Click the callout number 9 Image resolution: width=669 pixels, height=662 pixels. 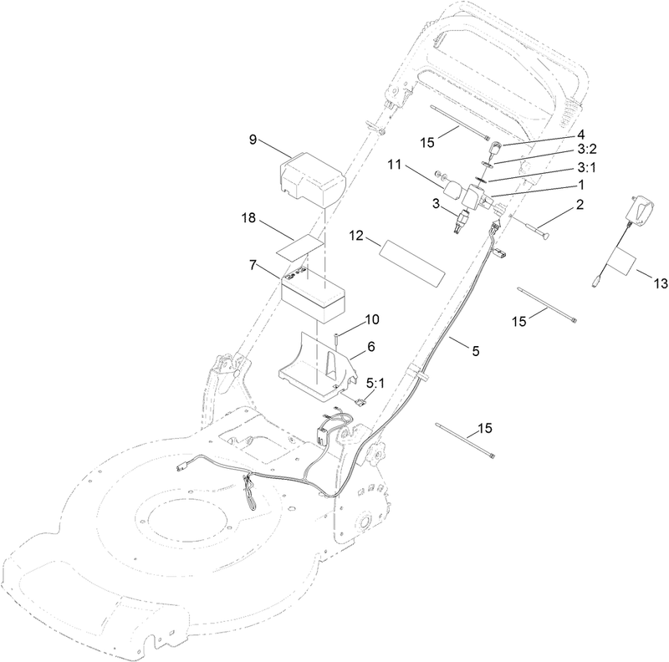(x=253, y=140)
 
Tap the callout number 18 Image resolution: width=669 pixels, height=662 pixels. (x=248, y=217)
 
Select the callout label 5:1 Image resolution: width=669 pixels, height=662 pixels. (x=375, y=384)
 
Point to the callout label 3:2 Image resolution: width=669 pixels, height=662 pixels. (x=587, y=149)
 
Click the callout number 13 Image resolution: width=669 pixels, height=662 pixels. (x=661, y=283)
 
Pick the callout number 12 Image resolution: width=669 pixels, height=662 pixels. (x=356, y=236)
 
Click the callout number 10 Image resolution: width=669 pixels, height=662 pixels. (x=372, y=319)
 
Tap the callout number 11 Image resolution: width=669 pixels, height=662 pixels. (x=395, y=164)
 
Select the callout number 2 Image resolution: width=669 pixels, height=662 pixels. (x=580, y=204)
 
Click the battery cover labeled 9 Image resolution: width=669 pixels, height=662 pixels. (x=312, y=178)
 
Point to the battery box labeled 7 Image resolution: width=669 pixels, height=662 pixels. (x=313, y=294)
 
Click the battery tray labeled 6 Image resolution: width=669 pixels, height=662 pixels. (x=318, y=368)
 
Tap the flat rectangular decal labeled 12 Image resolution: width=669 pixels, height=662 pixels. (x=412, y=262)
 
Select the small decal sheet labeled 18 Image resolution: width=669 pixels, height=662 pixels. (x=300, y=247)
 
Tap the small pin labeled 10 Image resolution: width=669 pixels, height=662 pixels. (x=335, y=341)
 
